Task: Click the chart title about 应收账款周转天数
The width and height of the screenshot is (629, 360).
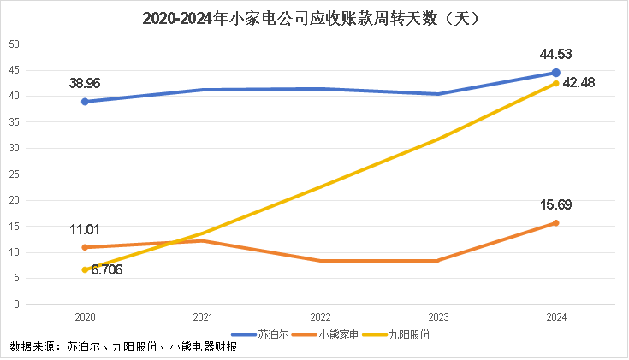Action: tap(314, 17)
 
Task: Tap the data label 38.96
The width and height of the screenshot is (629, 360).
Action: tap(85, 84)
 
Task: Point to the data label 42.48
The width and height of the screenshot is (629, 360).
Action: tap(579, 82)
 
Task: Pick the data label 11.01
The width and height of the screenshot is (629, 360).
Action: tap(86, 229)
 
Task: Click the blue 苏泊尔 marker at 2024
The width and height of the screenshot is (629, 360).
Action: tap(555, 73)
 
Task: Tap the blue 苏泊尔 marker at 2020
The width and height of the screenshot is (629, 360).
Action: tap(85, 102)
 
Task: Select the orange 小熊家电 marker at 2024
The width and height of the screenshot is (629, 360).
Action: tap(555, 223)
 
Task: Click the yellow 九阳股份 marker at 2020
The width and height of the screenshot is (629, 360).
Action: tap(85, 269)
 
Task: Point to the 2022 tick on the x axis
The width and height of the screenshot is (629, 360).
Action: tap(320, 317)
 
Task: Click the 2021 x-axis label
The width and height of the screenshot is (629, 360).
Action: tap(202, 317)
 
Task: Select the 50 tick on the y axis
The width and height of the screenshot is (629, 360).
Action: tap(15, 44)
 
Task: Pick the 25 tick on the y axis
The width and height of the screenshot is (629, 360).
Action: tap(15, 174)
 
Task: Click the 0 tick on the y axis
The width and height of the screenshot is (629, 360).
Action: tap(17, 304)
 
